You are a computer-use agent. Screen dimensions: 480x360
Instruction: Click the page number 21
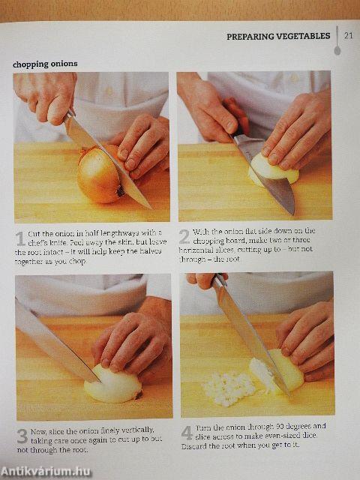(x=347, y=35)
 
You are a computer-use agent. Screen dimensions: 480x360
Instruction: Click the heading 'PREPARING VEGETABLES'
(x=277, y=36)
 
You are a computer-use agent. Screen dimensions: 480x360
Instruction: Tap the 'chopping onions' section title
(x=45, y=64)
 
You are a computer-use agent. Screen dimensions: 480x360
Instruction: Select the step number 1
(x=20, y=238)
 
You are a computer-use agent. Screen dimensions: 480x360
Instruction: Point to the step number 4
(x=187, y=433)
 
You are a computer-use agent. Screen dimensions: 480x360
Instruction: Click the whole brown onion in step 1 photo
(x=100, y=175)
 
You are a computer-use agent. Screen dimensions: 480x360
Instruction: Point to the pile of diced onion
(x=229, y=388)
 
